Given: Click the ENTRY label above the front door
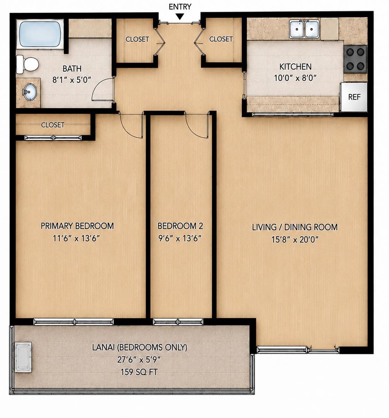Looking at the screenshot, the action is pos(180,7).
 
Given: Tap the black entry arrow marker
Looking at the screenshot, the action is pos(180,17).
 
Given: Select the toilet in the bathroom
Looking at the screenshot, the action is pos(27,64).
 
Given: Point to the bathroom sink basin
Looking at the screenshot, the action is pos(30,92).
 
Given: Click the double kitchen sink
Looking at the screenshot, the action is pos(304,29).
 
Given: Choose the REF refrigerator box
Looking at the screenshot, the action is pos(354,97).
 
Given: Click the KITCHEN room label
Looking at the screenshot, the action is pos(295,67).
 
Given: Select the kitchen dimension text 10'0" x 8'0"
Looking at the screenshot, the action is pos(295,78).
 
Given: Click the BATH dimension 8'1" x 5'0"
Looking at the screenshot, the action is pos(72,80).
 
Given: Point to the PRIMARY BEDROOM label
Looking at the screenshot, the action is pos(77,226).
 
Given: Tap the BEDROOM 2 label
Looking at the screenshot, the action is pos(180,226).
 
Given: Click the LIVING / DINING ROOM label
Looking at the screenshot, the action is pos(295,227).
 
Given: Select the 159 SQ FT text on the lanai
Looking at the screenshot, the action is pos(139,372).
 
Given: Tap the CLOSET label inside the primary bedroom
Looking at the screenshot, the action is pos(53,125).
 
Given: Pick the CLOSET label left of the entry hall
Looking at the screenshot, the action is pos(137,39).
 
